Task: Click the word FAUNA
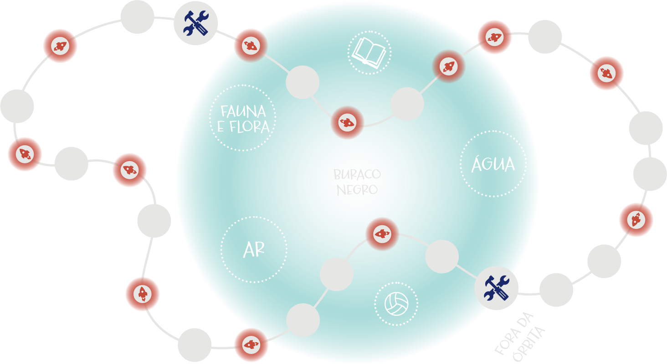(243, 111)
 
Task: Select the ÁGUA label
(493, 164)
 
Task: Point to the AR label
(254, 250)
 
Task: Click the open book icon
(369, 52)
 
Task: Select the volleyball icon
(396, 303)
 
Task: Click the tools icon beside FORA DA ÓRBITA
(496, 288)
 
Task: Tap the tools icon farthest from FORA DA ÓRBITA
(195, 23)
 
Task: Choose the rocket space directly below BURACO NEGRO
(382, 234)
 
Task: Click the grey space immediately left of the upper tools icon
(137, 17)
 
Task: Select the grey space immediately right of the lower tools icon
(556, 290)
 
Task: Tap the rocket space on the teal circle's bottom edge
(251, 345)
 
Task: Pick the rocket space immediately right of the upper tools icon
(250, 45)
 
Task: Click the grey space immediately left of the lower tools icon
(441, 257)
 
